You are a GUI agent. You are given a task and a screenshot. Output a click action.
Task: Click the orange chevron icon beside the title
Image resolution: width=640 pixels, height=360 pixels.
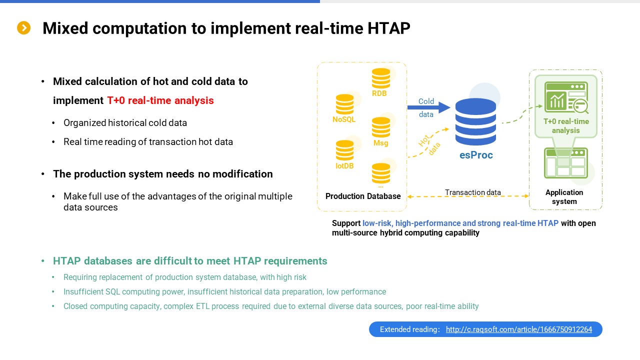(23, 28)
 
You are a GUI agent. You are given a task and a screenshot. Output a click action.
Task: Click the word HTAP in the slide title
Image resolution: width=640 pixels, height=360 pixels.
(388, 28)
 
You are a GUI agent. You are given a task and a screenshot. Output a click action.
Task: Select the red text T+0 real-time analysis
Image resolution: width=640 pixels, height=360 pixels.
(160, 100)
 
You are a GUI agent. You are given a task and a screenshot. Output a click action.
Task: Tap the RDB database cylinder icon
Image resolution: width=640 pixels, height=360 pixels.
(381, 78)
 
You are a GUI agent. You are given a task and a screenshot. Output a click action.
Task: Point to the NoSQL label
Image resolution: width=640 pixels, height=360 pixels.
(344, 119)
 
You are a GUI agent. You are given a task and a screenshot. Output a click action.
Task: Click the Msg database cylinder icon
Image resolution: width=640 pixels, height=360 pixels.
(381, 127)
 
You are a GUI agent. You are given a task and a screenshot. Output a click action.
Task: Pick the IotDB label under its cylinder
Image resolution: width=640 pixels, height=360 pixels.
(344, 165)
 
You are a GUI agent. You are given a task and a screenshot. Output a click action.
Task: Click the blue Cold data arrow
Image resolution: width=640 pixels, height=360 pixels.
(429, 107)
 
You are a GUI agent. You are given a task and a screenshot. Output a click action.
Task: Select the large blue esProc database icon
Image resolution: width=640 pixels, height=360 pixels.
(475, 121)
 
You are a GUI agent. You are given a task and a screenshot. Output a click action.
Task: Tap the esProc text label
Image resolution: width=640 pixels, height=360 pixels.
(476, 155)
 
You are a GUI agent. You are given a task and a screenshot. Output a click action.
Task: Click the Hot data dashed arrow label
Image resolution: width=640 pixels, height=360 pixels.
(429, 145)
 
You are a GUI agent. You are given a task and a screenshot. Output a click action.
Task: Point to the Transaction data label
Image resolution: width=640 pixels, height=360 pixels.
(473, 192)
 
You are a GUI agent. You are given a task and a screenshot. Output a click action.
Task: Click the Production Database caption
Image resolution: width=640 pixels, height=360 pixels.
(363, 196)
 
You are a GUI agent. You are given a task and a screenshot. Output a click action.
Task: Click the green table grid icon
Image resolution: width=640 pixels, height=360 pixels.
(565, 163)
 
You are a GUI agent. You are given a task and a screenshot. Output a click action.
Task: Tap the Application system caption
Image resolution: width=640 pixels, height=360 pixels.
(564, 197)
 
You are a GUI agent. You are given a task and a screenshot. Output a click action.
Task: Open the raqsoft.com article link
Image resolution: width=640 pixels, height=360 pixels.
(519, 329)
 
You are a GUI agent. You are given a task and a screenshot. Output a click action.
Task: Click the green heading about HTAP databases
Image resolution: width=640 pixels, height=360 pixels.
(190, 261)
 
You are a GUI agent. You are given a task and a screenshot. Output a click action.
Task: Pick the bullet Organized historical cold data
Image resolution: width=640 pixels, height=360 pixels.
(125, 123)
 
